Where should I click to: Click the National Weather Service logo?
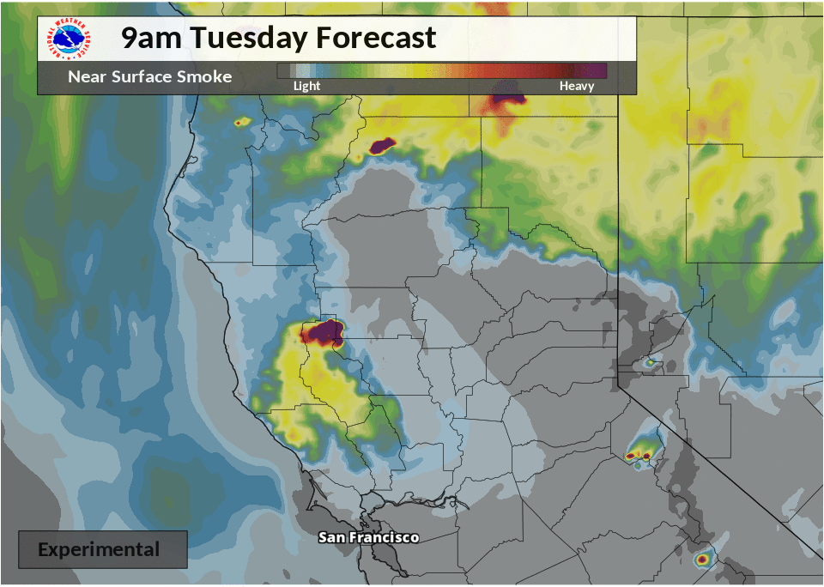70,39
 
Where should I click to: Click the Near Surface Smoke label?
149,76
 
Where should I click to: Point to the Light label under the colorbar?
306,86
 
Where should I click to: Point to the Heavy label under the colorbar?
577,86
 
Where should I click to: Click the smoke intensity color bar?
442,70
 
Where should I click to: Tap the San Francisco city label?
368,537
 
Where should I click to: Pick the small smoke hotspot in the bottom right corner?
704,560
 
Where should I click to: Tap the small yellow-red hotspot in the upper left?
241,123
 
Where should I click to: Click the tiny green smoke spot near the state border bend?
650,363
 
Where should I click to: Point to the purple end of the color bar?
597,70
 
